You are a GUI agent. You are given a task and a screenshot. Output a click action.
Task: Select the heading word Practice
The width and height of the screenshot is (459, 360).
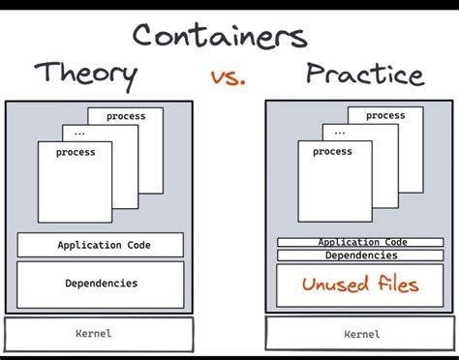click(364, 74)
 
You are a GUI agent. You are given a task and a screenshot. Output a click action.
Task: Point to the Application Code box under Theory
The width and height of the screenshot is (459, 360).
click(100, 246)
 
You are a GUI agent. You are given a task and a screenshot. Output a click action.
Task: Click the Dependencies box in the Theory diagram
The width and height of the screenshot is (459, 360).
click(100, 284)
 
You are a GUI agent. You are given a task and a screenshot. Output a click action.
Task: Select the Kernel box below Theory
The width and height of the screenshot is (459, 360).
click(94, 334)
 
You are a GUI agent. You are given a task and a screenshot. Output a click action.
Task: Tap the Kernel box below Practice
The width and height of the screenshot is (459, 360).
click(361, 334)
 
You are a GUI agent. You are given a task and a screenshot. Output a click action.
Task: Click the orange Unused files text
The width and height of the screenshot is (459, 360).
click(360, 285)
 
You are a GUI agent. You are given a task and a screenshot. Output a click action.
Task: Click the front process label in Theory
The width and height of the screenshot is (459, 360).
click(76, 152)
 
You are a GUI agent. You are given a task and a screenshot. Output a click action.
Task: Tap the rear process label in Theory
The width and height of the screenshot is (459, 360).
click(126, 116)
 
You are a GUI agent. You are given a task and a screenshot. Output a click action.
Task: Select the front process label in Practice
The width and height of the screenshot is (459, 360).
click(332, 151)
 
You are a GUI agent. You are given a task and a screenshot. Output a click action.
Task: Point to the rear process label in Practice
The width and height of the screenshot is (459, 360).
click(384, 116)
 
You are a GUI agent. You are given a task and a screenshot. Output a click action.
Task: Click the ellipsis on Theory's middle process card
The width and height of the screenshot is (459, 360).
click(79, 134)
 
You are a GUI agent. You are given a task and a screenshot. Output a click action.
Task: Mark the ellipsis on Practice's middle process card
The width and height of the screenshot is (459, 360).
click(339, 133)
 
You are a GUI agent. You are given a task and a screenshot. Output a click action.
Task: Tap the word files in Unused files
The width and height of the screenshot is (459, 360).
click(395, 285)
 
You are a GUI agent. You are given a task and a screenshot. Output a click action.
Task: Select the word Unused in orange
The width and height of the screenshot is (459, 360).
click(335, 285)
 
